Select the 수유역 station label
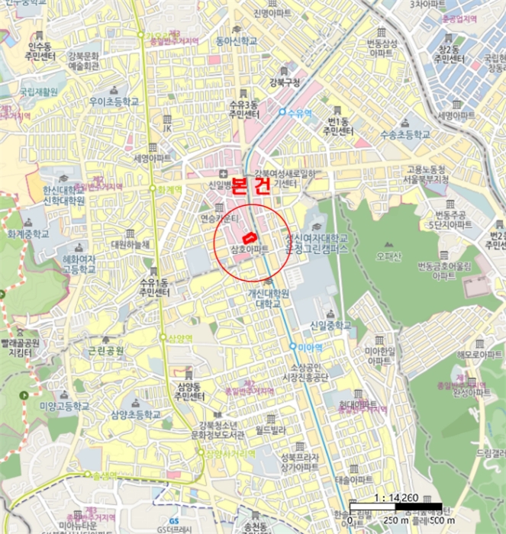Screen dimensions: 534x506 [x=299, y=112]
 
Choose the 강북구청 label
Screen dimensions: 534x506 [x=285, y=83]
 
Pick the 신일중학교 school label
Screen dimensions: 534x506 [x=330, y=326]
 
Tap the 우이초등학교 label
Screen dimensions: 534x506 [x=114, y=101]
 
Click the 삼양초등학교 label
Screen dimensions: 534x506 [x=136, y=416]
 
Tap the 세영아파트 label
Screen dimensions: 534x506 [x=152, y=159]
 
